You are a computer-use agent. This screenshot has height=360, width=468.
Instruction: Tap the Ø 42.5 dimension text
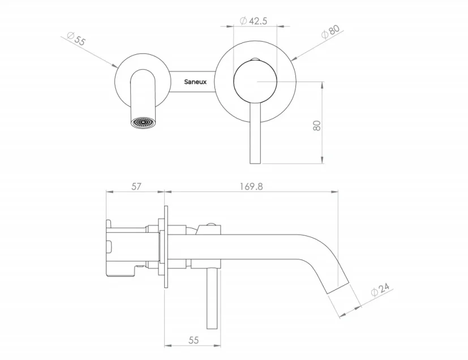click(254, 21)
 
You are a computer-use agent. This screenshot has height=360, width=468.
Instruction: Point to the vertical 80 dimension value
click(317, 125)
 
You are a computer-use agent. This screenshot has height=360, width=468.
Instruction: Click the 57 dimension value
click(136, 186)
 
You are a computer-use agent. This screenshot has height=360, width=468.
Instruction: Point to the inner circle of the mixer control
click(256, 82)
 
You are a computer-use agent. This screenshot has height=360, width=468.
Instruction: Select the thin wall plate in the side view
click(166, 248)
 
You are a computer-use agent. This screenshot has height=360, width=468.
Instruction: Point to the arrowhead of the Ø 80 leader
click(293, 59)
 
